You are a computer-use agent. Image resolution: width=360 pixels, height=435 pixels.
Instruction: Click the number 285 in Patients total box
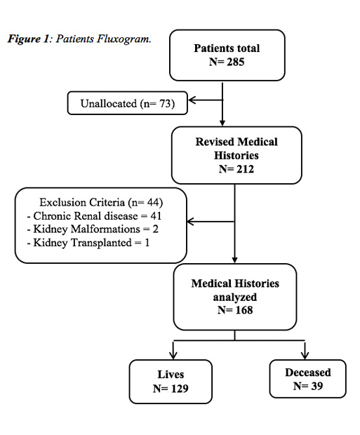coord(235,62)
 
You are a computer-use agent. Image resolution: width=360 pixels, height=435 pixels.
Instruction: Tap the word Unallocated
coord(109,103)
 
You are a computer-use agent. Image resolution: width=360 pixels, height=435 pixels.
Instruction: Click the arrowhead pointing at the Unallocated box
coord(192,100)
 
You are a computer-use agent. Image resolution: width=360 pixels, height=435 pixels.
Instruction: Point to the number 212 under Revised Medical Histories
coord(245,169)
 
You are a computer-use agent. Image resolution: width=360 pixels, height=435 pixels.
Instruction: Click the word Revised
coord(215,142)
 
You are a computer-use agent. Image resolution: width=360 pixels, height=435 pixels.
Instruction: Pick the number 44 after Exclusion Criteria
coord(153,202)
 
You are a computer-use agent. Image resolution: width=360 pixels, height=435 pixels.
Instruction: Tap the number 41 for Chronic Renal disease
coord(156,216)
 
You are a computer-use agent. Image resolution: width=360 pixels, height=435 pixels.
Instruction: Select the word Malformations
coord(105,229)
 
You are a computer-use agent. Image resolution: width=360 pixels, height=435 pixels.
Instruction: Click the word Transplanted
coord(101,243)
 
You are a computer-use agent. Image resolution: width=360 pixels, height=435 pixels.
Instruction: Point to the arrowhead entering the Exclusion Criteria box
coord(191,222)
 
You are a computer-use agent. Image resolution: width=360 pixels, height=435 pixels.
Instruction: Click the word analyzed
coord(235,297)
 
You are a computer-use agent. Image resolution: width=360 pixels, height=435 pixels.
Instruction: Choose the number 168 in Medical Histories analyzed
coord(244,310)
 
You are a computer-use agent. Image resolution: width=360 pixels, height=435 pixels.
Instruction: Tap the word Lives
coord(171,375)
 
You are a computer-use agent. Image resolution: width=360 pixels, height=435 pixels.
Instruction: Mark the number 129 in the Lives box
coord(180,389)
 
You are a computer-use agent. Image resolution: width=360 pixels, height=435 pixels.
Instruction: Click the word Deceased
coord(308,373)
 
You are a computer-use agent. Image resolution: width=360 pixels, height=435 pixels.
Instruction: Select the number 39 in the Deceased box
coord(316,386)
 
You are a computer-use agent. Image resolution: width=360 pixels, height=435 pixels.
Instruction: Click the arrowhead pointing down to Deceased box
coord(305,356)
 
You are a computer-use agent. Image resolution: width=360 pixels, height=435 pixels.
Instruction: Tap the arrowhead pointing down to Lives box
coord(173,356)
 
